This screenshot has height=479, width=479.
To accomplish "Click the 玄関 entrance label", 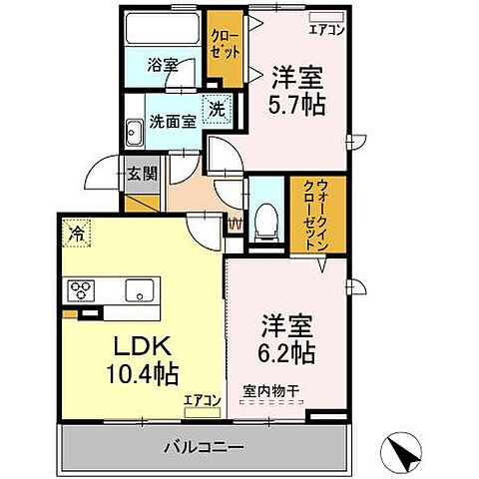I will [142, 173].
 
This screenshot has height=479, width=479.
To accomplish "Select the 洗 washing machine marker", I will [215, 110].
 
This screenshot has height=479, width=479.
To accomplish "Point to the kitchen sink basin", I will [138, 290].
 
